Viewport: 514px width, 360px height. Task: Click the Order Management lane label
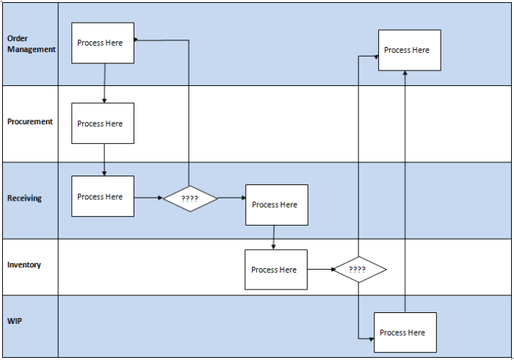click(31, 43)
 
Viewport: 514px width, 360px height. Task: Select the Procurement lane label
click(30, 122)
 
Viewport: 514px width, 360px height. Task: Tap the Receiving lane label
click(24, 198)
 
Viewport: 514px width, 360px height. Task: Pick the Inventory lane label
click(24, 264)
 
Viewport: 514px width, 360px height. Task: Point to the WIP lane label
click(15, 322)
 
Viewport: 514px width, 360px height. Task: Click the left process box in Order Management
click(103, 43)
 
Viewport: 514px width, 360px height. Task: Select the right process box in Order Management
click(409, 50)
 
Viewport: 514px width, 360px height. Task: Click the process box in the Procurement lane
click(103, 123)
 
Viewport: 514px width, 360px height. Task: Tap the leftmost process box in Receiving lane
click(103, 196)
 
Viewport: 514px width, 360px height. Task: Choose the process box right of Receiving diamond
click(276, 204)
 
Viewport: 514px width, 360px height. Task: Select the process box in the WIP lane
click(405, 333)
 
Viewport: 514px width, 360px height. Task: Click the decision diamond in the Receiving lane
click(190, 198)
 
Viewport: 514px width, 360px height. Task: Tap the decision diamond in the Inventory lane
click(358, 270)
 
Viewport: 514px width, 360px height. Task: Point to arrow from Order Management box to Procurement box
click(104, 83)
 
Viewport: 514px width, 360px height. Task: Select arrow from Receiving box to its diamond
click(148, 198)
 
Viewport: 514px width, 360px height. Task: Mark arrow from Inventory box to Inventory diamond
click(320, 270)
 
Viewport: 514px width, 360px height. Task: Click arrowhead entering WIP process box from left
click(370, 339)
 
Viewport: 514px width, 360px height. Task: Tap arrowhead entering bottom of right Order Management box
click(405, 74)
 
